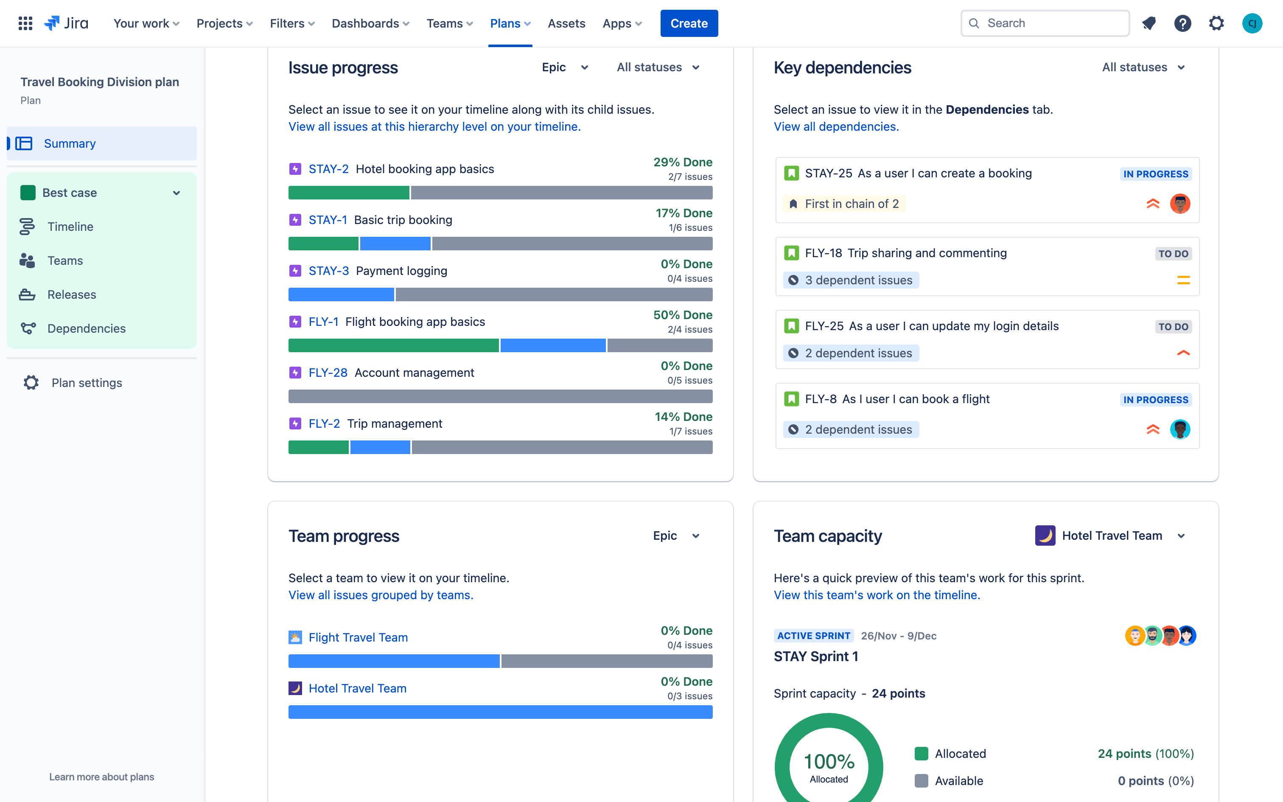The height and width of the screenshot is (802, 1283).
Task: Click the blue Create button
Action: [689, 23]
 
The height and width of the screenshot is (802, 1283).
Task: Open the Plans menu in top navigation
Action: [510, 23]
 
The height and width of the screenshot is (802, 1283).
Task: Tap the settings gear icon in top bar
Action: [1216, 23]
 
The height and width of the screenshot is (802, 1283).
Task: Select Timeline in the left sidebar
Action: [70, 227]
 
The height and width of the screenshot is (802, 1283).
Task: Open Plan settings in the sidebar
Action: [87, 382]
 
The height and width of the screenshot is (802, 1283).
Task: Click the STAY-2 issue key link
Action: [328, 169]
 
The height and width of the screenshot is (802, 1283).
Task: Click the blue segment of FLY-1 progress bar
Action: [552, 346]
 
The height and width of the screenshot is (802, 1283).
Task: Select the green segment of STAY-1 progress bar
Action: [323, 244]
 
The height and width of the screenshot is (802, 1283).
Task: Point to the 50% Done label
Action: [682, 315]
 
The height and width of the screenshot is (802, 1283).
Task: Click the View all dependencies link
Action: [836, 126]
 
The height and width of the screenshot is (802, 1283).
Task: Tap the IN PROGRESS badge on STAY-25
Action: [1155, 174]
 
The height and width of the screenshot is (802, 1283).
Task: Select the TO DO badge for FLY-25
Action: [1173, 327]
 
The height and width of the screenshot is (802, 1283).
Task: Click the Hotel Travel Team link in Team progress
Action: [357, 688]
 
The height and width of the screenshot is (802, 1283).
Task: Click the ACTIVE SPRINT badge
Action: [813, 636]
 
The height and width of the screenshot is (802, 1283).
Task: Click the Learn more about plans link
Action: [101, 777]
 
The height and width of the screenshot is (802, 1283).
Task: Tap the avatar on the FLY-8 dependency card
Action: [1179, 429]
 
